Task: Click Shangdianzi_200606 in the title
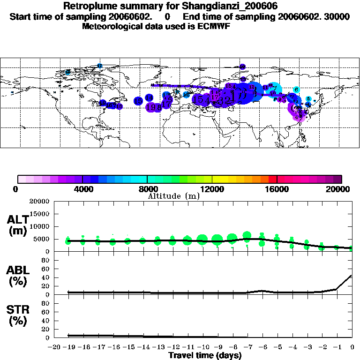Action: coord(240,7)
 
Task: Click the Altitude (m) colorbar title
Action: coord(173,196)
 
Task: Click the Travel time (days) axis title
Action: coord(204,355)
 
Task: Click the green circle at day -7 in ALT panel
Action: coord(247,235)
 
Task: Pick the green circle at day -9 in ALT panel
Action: coord(217,240)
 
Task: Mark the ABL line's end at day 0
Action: coord(352,275)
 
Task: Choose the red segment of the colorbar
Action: coord(272,179)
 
